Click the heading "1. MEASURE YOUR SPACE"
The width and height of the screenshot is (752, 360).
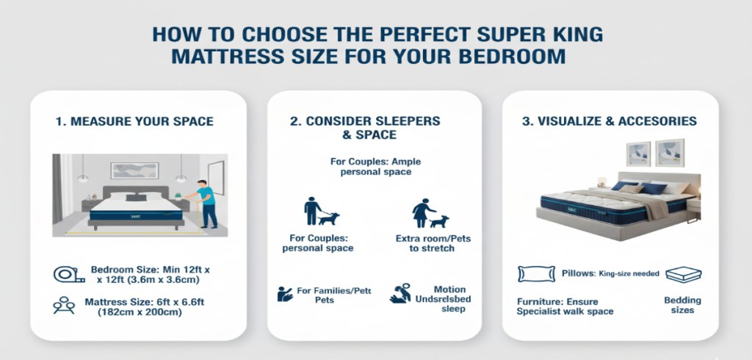pyautogui.click(x=134, y=121)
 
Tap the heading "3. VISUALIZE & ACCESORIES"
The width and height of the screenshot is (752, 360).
pyautogui.click(x=610, y=121)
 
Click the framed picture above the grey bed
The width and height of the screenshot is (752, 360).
pyautogui.click(x=134, y=170)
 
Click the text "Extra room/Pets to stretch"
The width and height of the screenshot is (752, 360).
pyautogui.click(x=424, y=243)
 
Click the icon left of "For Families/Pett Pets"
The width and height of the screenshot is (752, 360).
pyautogui.click(x=286, y=295)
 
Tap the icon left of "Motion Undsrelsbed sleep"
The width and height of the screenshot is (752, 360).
pyautogui.click(x=401, y=293)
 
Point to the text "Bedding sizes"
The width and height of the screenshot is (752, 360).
pyautogui.click(x=682, y=306)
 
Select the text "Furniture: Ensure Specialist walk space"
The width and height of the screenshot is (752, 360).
pyautogui.click(x=565, y=306)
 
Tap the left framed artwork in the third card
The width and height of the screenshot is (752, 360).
pyautogui.click(x=638, y=154)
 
